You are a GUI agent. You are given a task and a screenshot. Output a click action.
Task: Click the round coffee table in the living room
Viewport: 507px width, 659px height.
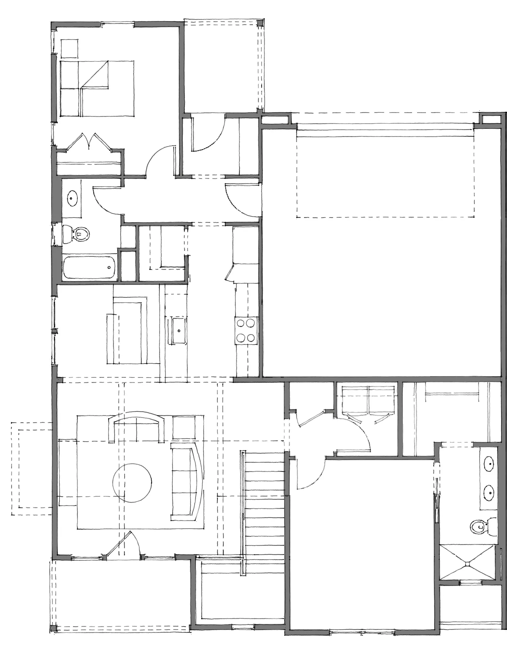(132, 483)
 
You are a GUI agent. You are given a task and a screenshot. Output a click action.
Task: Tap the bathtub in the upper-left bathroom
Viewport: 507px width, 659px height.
(90, 268)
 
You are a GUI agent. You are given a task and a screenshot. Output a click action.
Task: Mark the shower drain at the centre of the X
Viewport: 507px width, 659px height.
(467, 564)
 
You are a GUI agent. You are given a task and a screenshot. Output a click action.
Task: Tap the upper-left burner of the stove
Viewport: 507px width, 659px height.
(241, 323)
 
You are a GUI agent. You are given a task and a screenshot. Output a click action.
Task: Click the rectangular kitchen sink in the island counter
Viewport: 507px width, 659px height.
(179, 330)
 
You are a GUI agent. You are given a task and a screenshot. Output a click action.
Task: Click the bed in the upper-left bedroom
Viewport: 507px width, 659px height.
(97, 88)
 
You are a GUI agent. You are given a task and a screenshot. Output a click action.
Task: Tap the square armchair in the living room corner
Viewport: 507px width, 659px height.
(184, 427)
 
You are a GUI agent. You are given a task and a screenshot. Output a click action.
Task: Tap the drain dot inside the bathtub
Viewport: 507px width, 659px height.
(109, 267)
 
